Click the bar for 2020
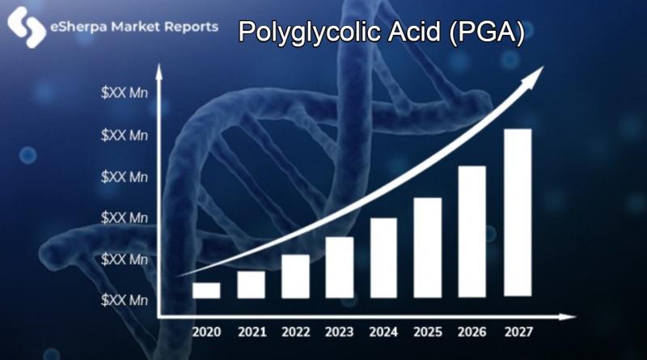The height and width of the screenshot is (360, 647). (206, 290)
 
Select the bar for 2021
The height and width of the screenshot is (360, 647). (251, 285)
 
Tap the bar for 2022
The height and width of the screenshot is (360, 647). (295, 276)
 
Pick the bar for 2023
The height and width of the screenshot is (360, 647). (340, 267)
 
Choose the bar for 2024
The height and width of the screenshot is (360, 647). (383, 257)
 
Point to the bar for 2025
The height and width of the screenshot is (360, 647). (428, 248)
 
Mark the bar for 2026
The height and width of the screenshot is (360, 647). (472, 231)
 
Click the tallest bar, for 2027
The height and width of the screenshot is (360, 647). (518, 213)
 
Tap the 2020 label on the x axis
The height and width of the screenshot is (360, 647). (207, 332)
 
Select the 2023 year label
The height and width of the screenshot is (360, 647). (339, 332)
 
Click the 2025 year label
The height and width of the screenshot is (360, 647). (428, 332)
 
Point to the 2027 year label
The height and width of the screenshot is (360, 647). (518, 332)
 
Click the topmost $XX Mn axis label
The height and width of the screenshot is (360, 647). (125, 93)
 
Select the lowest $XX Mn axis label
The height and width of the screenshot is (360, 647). (125, 300)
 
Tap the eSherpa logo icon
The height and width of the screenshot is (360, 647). (27, 27)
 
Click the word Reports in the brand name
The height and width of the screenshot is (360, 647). (191, 28)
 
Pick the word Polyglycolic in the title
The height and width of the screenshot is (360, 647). (308, 32)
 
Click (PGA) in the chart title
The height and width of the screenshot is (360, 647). (487, 32)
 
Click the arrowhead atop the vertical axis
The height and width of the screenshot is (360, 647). (159, 72)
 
